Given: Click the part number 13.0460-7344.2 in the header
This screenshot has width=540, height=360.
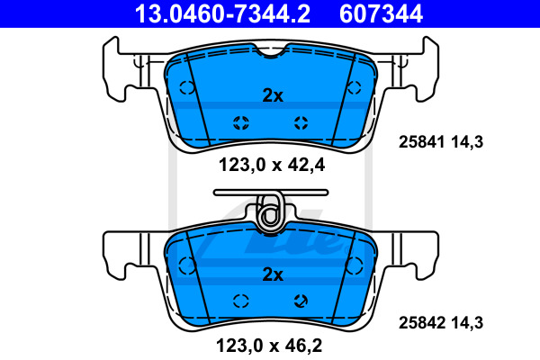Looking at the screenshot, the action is coord(222,13).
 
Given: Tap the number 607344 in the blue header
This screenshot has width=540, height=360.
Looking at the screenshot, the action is coord(381,13).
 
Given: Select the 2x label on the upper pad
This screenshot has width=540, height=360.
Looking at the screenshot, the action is coord(273,95).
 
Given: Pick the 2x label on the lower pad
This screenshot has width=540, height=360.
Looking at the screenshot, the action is coord(273,274).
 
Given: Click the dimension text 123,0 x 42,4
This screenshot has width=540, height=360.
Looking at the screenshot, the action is coord(272,165).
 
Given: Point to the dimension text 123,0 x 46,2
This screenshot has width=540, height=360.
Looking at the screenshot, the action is coord(269,346).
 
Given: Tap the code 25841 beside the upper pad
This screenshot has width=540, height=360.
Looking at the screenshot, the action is coord(421,142).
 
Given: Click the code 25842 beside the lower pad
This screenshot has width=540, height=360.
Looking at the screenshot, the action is coord(421,323).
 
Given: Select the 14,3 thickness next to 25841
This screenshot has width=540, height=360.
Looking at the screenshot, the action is coord(467,142).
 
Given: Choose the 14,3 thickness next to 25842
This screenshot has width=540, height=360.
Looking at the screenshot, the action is coord(467,323).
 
